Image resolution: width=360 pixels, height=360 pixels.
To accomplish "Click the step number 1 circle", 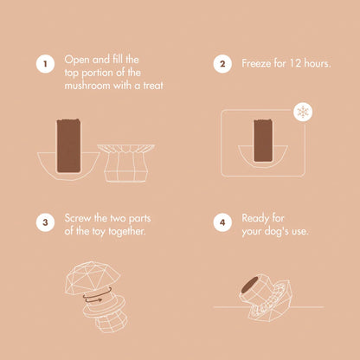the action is [45, 64].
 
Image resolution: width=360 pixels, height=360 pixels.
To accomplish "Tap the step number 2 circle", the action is [222, 64].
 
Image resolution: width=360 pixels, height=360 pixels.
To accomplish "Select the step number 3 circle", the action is [45, 222].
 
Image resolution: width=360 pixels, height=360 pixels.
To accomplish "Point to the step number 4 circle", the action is [222, 222].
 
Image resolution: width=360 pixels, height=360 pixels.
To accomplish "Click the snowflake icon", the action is [303, 112].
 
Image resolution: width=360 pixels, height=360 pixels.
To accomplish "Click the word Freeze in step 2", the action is [256, 63].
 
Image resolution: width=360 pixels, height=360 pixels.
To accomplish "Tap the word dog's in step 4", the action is [276, 232].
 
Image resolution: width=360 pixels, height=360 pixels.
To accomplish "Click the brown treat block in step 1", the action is [68, 145].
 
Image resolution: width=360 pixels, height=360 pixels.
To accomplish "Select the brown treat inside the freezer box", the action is [263, 140].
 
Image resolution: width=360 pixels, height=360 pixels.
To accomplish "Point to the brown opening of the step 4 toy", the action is [249, 285].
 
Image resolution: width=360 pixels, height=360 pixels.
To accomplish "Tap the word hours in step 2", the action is [318, 63].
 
